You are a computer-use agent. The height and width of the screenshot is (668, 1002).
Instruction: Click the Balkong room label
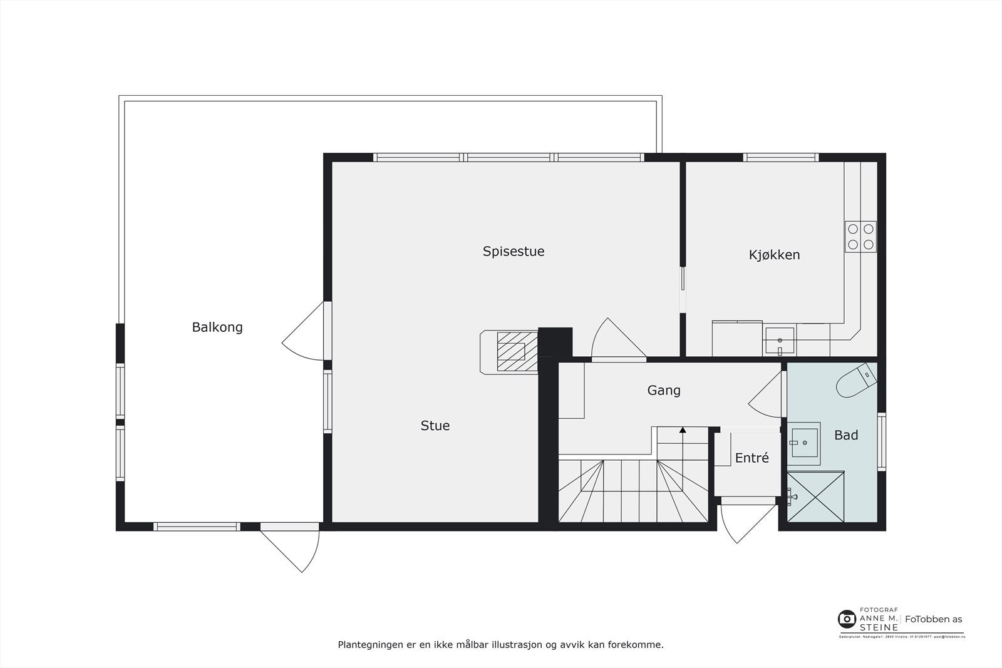click(217, 327)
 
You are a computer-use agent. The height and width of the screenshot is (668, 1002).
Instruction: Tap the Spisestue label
click(513, 251)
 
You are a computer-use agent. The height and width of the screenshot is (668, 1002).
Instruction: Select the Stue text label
click(435, 426)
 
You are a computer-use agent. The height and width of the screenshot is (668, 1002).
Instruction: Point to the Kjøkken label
click(774, 255)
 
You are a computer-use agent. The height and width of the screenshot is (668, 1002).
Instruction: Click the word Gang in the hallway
click(663, 390)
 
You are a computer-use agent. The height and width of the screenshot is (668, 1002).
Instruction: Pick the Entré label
click(751, 458)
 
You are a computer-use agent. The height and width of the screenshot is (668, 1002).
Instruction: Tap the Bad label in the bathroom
click(845, 435)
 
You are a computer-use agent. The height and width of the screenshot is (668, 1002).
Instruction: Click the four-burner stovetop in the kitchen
click(860, 237)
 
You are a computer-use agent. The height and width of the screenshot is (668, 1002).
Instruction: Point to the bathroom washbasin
click(803, 443)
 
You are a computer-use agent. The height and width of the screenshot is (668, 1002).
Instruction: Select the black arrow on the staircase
click(682, 430)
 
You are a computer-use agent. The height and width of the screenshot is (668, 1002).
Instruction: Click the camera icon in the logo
click(847, 619)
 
